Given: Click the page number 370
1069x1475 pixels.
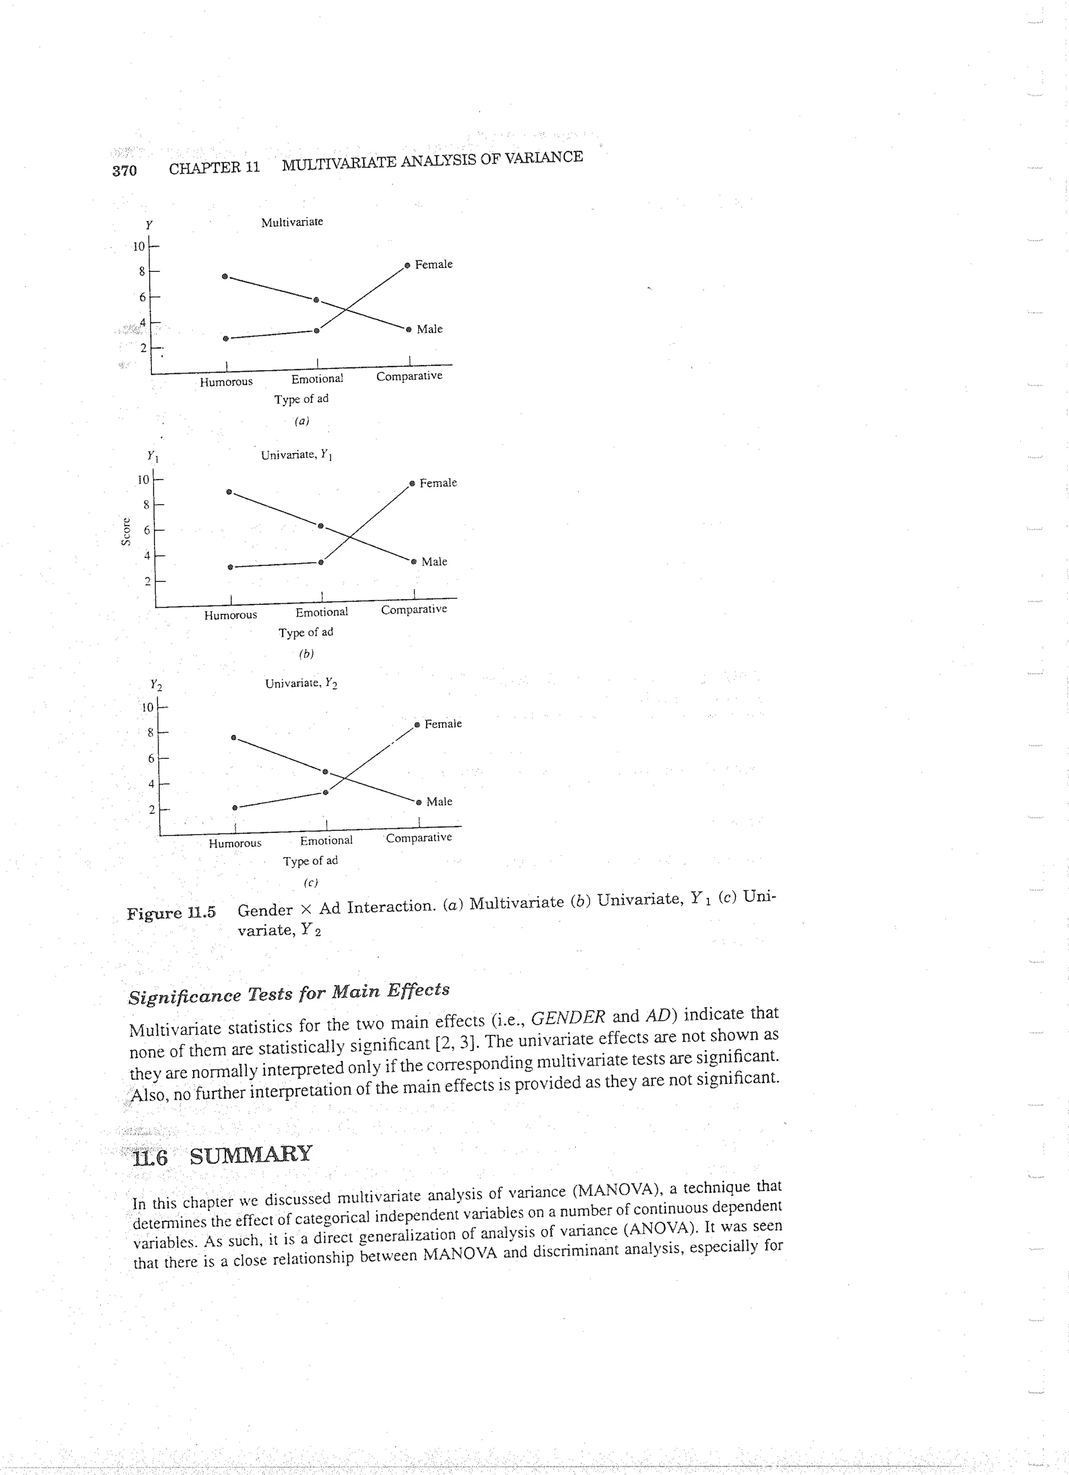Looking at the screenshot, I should (124, 170).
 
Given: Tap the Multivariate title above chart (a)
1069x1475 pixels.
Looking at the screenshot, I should (292, 222).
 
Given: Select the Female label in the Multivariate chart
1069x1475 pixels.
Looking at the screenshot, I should (434, 264).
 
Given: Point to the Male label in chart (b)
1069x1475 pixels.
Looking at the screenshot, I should (434, 561).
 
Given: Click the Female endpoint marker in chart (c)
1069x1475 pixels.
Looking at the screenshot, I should (418, 724).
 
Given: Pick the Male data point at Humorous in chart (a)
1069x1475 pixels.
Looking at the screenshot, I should (225, 277).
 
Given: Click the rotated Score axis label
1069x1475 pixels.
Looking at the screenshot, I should (126, 530).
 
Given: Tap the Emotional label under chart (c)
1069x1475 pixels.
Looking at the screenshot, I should (326, 840).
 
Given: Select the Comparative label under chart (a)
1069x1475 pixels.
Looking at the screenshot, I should (409, 376).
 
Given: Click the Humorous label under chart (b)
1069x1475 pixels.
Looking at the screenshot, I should (230, 615).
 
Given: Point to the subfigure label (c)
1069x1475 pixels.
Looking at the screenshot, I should (311, 883).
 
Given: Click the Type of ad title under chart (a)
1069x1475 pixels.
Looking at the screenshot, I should (301, 399).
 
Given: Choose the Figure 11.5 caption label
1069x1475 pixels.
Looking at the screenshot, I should (171, 912).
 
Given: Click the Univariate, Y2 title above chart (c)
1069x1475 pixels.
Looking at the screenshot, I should (301, 684).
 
